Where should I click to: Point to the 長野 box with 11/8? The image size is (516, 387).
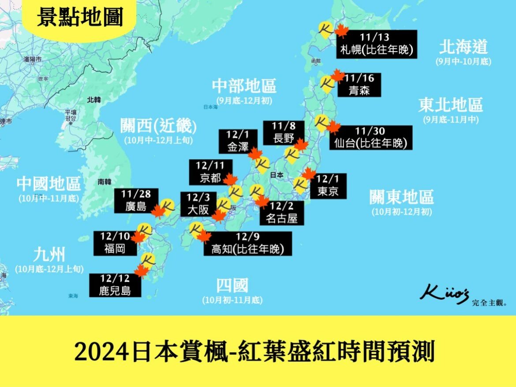(284, 132)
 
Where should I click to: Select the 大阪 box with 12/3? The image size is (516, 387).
(198, 204)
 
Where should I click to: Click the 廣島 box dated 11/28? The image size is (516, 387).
(136, 201)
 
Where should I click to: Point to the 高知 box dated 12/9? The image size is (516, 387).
(248, 243)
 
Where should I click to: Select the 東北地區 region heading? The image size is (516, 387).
(450, 105)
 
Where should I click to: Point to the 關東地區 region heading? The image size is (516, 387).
(401, 197)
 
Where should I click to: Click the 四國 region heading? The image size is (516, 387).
(232, 286)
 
